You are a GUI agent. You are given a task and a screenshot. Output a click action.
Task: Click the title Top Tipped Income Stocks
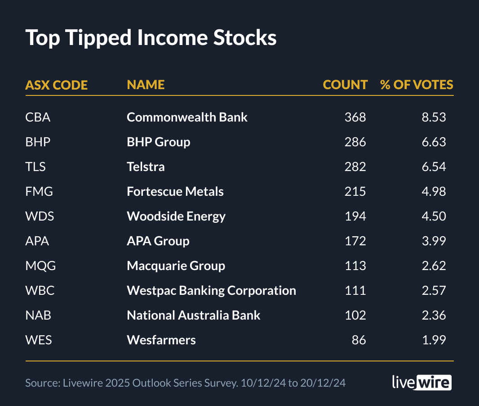[151, 38]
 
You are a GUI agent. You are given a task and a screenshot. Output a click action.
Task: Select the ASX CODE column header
[56, 85]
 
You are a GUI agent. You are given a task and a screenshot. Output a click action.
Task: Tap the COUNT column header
[345, 85]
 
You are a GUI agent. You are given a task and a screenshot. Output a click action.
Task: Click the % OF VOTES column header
[417, 85]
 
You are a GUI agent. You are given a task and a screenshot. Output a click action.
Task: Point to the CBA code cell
[38, 117]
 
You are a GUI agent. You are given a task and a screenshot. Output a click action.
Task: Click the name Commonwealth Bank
[187, 117]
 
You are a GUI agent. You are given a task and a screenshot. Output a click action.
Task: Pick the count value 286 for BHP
[355, 142]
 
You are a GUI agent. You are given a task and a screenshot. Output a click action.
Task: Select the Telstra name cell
[146, 167]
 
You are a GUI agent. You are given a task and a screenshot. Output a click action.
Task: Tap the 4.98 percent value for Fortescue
[434, 192]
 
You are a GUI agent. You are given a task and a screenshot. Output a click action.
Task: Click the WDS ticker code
[40, 217]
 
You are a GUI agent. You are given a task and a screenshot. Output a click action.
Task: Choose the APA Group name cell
[158, 241]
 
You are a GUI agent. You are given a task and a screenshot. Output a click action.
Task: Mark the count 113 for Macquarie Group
[355, 266]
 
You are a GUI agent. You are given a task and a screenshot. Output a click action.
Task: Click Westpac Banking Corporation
[211, 291]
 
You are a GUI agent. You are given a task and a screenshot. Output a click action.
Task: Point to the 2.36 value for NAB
[434, 316]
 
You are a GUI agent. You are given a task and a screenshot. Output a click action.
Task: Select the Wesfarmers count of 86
[359, 340]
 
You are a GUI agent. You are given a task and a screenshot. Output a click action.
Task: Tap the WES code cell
[39, 340]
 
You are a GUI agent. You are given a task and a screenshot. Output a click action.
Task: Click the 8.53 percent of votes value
[434, 117]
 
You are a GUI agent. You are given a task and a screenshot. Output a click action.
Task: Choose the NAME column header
[146, 85]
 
